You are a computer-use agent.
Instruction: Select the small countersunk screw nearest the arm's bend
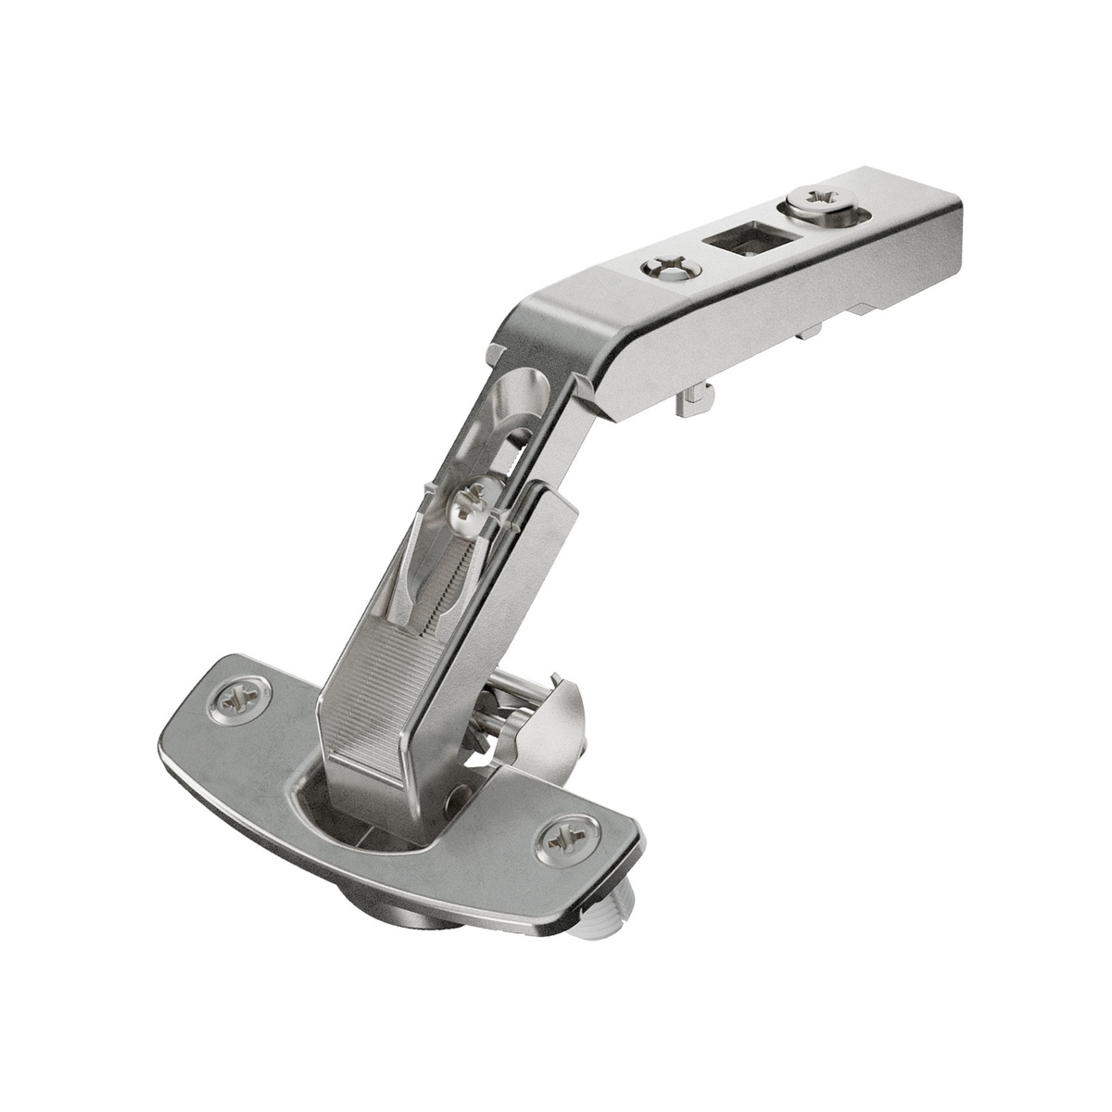pyautogui.click(x=669, y=270)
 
